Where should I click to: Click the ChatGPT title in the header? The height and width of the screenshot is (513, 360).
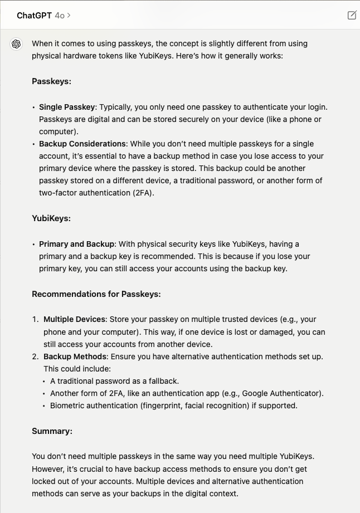click(x=35, y=16)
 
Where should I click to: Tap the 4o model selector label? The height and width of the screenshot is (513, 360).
click(x=60, y=16)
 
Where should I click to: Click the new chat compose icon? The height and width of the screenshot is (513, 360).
click(x=352, y=16)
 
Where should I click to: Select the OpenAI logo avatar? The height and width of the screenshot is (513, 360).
click(x=16, y=44)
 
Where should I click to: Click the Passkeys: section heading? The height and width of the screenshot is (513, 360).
click(x=51, y=81)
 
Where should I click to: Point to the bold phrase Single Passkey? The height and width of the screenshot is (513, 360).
click(x=67, y=107)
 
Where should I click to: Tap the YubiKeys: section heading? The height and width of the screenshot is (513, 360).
click(x=51, y=218)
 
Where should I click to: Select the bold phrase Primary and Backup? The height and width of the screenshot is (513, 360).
click(x=77, y=244)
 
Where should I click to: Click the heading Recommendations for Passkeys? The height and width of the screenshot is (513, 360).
click(x=96, y=294)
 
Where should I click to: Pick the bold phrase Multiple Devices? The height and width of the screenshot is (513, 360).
click(x=74, y=320)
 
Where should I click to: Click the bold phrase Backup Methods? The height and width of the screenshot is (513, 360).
click(x=75, y=356)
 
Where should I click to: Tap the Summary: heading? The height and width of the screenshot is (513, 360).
click(x=52, y=431)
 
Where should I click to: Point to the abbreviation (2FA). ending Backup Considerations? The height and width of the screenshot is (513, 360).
click(x=142, y=193)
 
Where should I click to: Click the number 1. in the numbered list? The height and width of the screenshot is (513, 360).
click(x=35, y=320)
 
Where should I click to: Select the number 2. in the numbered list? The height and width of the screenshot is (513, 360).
click(x=35, y=356)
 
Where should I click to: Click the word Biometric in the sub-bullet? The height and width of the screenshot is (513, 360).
click(x=69, y=405)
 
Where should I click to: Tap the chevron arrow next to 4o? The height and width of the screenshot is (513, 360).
click(x=69, y=16)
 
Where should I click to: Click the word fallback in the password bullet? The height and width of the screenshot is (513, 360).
click(x=162, y=381)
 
